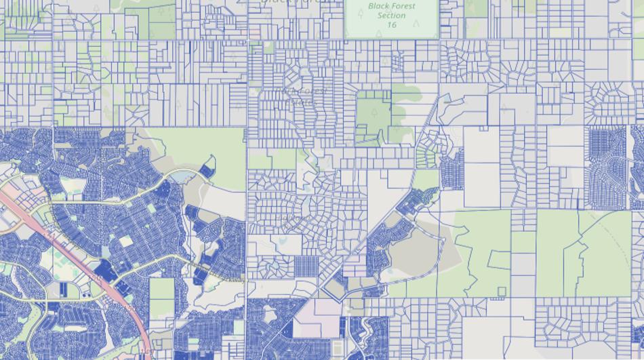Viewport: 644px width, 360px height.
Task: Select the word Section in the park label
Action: (x=391, y=16)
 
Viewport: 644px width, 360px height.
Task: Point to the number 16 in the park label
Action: (x=391, y=25)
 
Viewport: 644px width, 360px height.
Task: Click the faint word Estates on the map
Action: (x=300, y=102)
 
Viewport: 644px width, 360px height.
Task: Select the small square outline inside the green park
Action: (x=502, y=292)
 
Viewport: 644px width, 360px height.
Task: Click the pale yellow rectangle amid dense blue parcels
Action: (x=125, y=241)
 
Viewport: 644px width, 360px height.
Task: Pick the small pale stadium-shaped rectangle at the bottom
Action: (x=319, y=348)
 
